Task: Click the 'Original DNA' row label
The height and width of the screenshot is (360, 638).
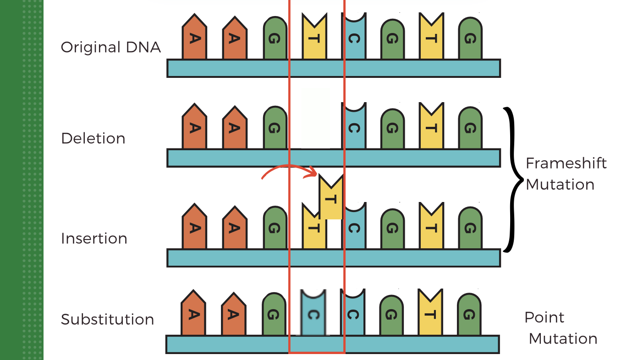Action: [111, 47]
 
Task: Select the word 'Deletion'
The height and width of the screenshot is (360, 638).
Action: [93, 138]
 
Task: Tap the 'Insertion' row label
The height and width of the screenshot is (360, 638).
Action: [94, 239]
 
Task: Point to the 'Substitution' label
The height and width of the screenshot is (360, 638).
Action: [107, 319]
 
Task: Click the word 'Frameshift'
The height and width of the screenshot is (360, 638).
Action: [566, 163]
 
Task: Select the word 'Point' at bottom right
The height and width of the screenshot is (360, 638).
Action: [544, 317]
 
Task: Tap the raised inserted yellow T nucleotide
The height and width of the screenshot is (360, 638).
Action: [331, 198]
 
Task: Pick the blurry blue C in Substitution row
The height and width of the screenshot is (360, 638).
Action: [313, 314]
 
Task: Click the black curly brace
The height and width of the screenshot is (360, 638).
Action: [513, 180]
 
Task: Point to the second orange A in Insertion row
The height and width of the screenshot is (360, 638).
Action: [235, 228]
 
